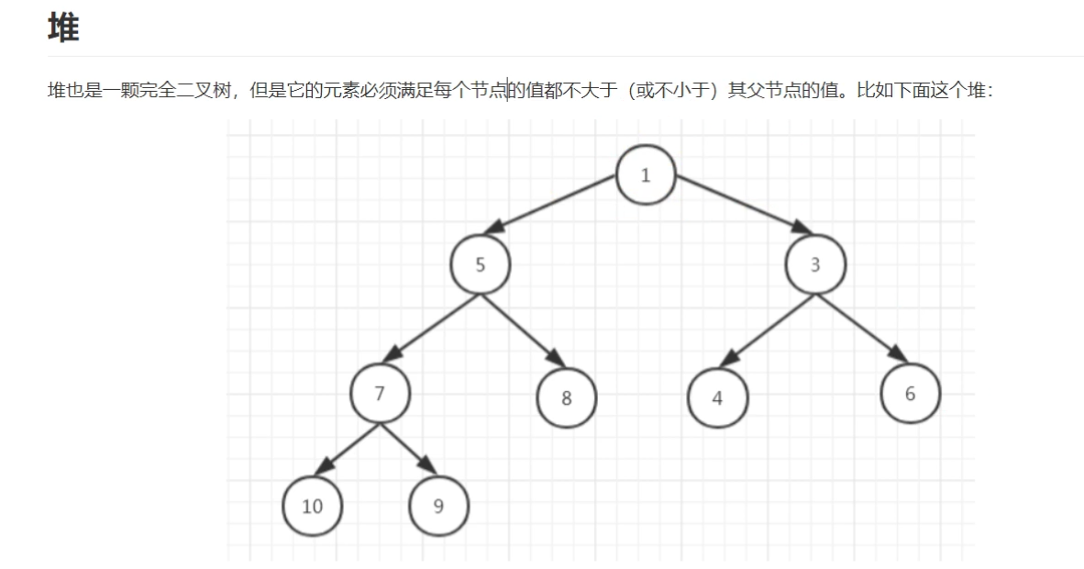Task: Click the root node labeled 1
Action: [646, 174]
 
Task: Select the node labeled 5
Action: [481, 264]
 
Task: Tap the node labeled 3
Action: [815, 264]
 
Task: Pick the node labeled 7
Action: [380, 393]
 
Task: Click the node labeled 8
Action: [566, 397]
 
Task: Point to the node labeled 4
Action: [718, 397]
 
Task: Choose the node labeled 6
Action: [910, 393]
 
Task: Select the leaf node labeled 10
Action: [313, 505]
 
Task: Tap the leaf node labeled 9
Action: [438, 505]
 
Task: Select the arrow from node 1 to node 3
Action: [738, 204]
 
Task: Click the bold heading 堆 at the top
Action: [63, 28]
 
